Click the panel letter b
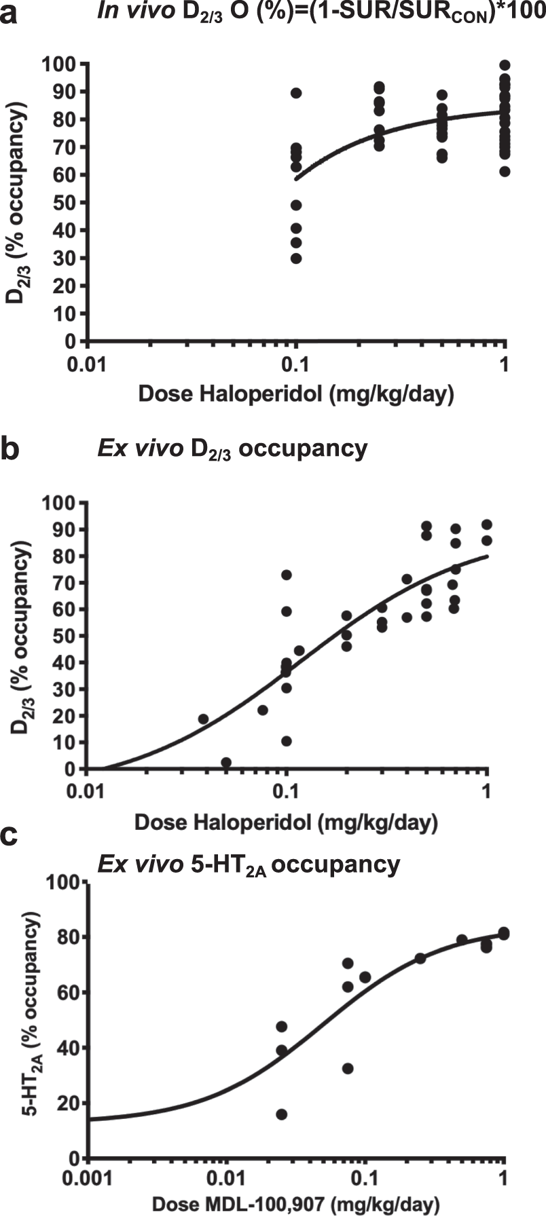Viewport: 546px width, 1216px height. [10, 450]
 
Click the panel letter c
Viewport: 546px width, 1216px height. [10, 836]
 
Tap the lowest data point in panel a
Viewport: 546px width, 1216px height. [296, 258]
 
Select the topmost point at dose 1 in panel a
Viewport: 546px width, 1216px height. [505, 65]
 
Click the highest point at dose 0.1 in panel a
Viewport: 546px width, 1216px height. [296, 93]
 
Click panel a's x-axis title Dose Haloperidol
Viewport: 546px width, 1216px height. [295, 394]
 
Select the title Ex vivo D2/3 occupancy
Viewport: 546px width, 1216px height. [232, 449]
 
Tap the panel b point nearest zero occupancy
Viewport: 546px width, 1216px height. [226, 762]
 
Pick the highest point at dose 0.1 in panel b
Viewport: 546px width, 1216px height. [287, 575]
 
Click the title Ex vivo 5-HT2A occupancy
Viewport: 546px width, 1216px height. [249, 864]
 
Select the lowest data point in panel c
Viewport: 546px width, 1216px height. [281, 1114]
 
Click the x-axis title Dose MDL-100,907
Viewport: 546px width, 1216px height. [295, 1203]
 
